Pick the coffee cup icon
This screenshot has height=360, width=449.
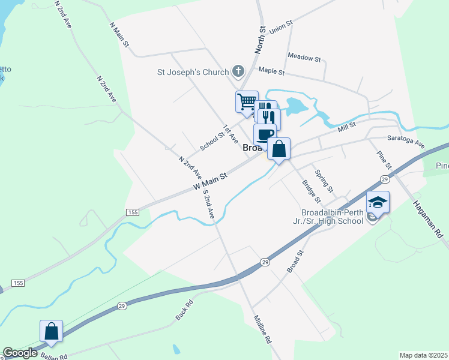click(x=265, y=134)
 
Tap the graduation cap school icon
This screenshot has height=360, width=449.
click(x=378, y=202)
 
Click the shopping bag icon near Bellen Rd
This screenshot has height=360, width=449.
click(x=51, y=331)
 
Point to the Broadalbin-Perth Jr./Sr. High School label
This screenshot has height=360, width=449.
click(x=333, y=216)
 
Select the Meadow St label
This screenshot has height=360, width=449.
click(x=304, y=58)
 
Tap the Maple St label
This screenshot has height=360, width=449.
click(x=271, y=71)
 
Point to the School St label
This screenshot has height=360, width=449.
click(x=212, y=140)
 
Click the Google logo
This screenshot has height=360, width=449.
click(x=20, y=353)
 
